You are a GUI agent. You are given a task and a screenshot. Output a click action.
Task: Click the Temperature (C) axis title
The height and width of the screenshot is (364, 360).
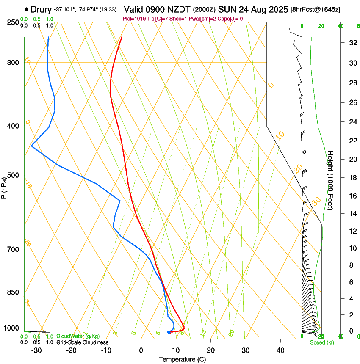pos(182,359)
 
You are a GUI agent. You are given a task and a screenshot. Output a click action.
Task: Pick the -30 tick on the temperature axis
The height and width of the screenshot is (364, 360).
pos(36,350)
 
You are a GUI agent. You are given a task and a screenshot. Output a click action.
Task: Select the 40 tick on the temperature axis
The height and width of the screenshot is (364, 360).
pos(280,350)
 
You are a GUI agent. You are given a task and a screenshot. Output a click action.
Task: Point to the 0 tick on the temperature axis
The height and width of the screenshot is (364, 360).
pos(141,350)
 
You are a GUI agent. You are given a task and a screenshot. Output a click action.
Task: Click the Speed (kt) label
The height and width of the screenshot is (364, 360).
pos(321,342)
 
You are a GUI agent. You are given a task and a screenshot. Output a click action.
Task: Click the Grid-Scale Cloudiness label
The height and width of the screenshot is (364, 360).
pos(82,342)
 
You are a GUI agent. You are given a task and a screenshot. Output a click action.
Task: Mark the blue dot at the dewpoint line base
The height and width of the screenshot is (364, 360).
pos(169,332)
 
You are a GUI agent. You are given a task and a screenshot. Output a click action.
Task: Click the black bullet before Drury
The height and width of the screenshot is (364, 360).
pos(27,9)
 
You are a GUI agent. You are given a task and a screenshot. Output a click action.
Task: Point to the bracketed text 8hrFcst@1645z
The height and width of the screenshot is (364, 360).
pos(316,9)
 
